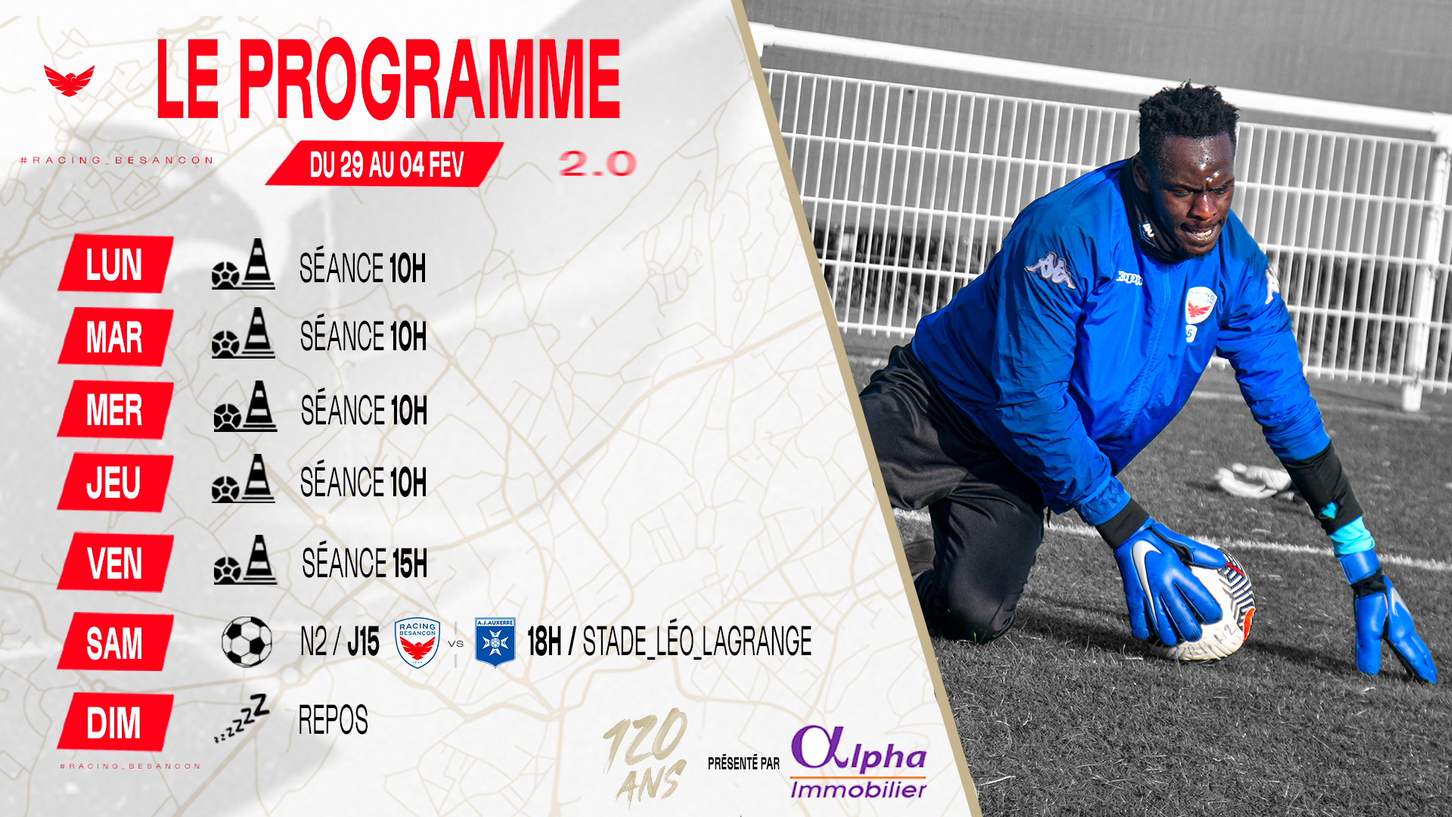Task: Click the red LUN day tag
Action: [x=116, y=264]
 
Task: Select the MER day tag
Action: [x=116, y=409]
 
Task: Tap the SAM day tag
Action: [x=116, y=642]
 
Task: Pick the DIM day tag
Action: [x=116, y=722]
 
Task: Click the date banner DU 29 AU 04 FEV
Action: [x=385, y=164]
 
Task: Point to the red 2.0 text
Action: [x=597, y=164]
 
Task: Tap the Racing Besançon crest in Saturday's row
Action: [x=417, y=642]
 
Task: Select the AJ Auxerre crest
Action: [x=495, y=642]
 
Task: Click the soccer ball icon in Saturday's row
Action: [x=247, y=641]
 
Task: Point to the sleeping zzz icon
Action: [x=242, y=718]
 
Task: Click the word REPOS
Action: [x=334, y=720]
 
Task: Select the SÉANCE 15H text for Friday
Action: [x=365, y=564]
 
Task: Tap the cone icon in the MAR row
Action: [x=258, y=333]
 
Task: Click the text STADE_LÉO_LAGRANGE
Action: [x=697, y=641]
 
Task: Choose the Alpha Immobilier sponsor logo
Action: [x=859, y=762]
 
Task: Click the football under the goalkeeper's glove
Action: [x=1210, y=605]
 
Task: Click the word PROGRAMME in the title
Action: [x=430, y=79]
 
